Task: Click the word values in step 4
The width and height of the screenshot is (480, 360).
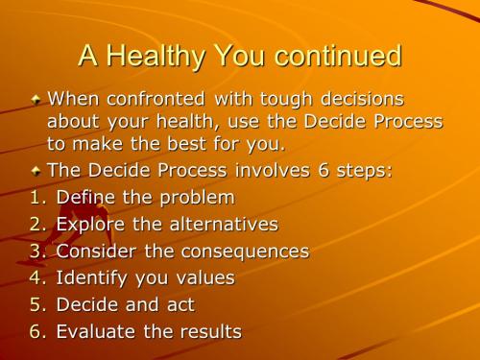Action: pos(199,279)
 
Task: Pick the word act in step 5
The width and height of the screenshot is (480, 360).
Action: pos(178,306)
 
